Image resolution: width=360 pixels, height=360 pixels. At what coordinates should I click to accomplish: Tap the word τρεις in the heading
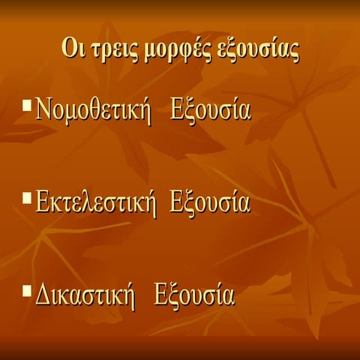tap(109, 51)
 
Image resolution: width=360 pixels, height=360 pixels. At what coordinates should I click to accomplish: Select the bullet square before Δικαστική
tap(28, 289)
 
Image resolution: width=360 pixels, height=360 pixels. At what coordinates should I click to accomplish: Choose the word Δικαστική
tap(85, 295)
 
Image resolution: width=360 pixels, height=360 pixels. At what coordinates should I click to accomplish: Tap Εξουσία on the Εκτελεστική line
tap(209, 203)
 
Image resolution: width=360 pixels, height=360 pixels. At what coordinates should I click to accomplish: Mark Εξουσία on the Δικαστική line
tap(193, 295)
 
